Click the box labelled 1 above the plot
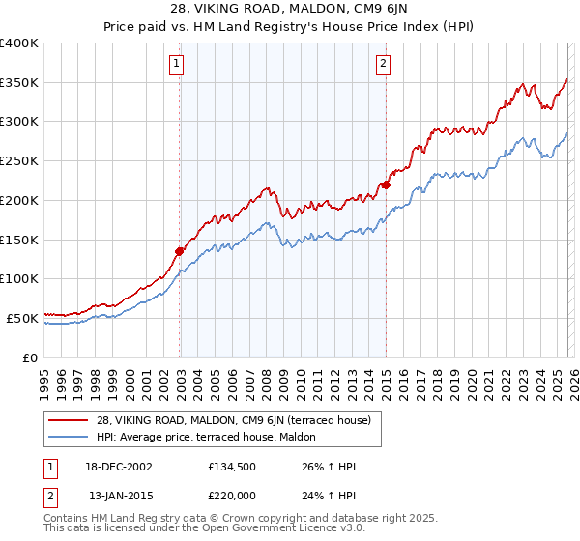point(179,65)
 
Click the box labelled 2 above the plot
point(384,65)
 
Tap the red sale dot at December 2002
point(180,251)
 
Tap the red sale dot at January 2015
point(386,185)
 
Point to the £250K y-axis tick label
point(19,161)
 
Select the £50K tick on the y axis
point(22,318)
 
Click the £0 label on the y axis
point(31,357)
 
